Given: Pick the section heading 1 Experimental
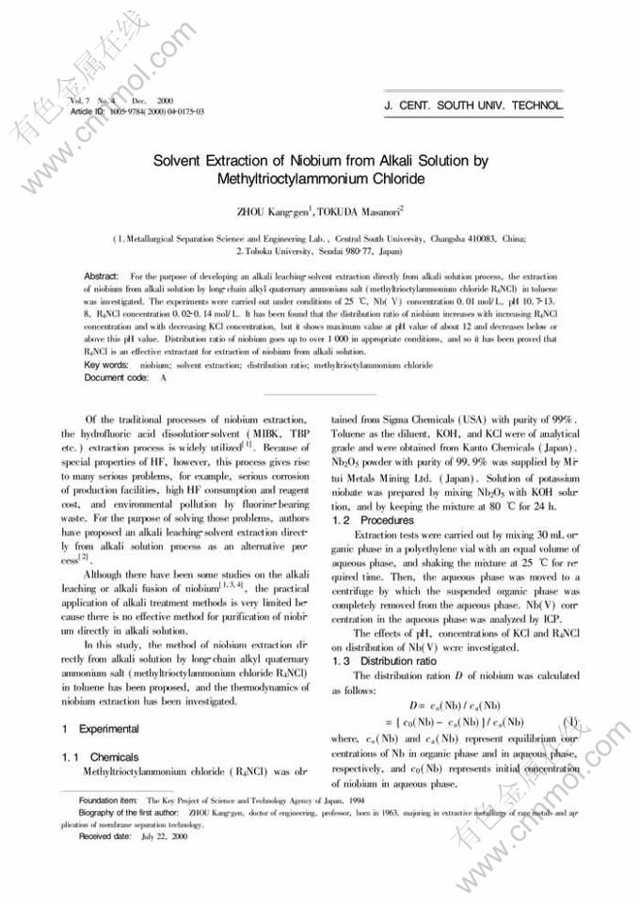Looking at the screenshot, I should (x=100, y=728).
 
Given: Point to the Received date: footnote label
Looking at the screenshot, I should (x=106, y=834).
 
